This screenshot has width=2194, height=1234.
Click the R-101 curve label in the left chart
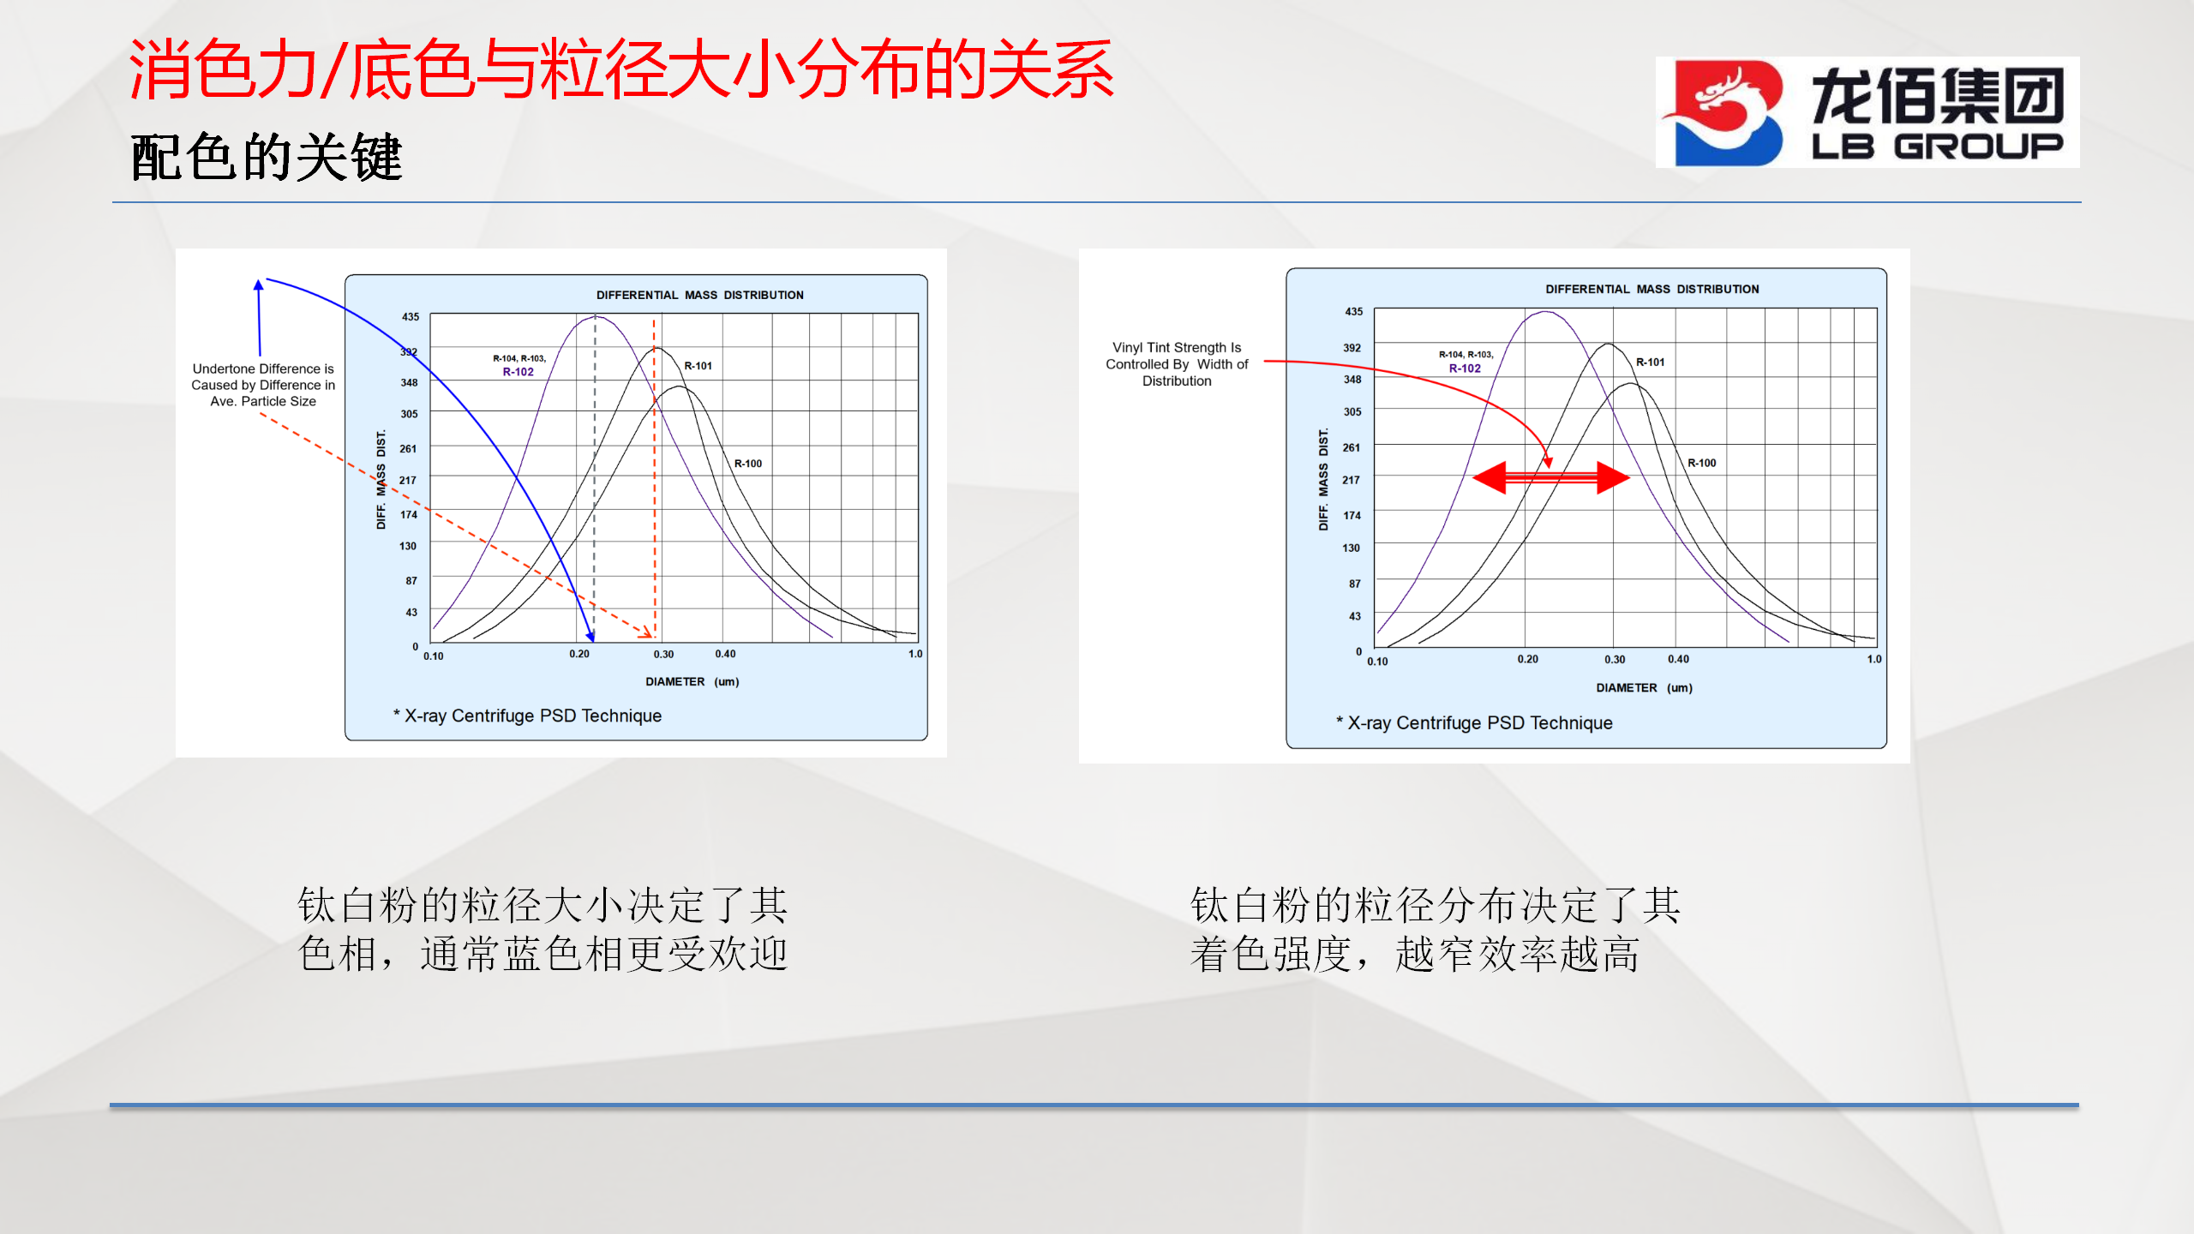698,366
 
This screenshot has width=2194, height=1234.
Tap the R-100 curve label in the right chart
1702,463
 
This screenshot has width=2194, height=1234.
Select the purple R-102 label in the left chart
518,372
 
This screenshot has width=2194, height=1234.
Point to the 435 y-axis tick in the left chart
411,317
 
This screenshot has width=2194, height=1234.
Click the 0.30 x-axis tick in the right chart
1615,660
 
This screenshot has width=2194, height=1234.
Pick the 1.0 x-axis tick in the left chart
915,654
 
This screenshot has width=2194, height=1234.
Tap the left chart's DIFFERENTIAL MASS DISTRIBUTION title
700,295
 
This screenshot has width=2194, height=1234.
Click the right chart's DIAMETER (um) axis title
1644,688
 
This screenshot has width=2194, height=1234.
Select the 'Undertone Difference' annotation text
263,385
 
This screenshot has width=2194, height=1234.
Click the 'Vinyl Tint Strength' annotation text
1177,364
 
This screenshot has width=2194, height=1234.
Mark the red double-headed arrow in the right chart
1550,477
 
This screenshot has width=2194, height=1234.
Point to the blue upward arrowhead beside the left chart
258,285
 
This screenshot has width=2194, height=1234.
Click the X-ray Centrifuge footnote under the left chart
527,716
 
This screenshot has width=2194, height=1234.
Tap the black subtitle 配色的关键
267,158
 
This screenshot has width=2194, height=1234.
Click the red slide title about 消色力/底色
621,69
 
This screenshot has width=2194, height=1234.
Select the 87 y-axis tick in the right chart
1354,584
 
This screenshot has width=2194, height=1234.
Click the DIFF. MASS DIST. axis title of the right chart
1323,479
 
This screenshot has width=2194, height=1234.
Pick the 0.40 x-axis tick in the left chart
725,654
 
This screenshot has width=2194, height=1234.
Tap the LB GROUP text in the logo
1937,147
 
